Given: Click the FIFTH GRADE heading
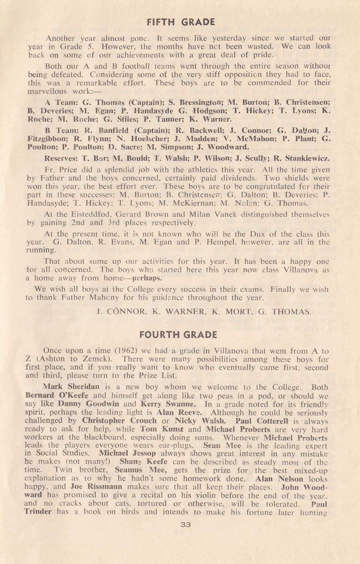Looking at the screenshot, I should point(180,22).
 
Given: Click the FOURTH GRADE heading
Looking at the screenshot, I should point(178,335).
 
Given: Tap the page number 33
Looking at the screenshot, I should point(186,525).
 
